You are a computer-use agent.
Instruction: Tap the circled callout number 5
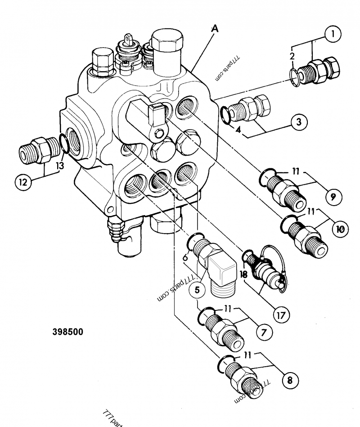coord(196,290)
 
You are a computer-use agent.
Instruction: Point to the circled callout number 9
coord(333,196)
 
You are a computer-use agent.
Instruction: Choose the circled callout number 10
coord(340,229)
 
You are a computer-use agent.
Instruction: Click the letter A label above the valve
coord(215,29)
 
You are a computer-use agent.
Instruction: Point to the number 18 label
coord(244,273)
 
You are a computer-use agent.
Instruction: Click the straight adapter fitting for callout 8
coord(243,377)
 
